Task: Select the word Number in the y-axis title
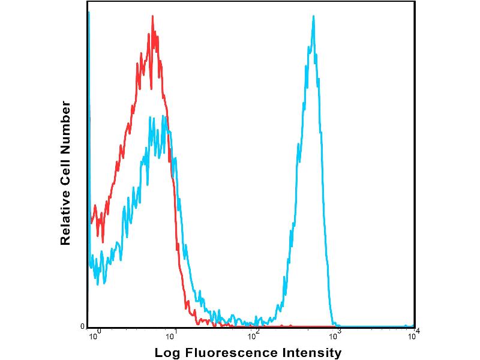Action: (66, 128)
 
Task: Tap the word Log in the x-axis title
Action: (167, 353)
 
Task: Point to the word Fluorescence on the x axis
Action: (230, 353)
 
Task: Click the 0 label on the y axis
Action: (83, 326)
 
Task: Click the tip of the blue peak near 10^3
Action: (313, 16)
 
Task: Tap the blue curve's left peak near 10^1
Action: (163, 117)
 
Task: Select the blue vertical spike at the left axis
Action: (89, 13)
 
